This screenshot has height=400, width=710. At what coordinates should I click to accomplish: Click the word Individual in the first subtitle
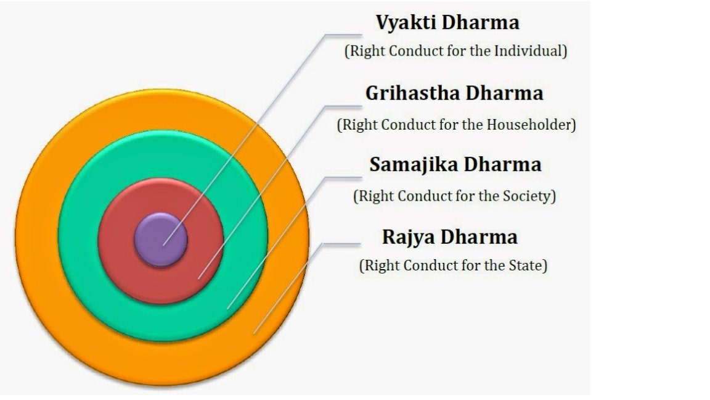point(530,51)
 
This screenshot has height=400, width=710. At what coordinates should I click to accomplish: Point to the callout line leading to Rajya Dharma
point(290,284)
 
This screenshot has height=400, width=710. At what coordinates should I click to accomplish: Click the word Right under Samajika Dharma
point(377,196)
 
